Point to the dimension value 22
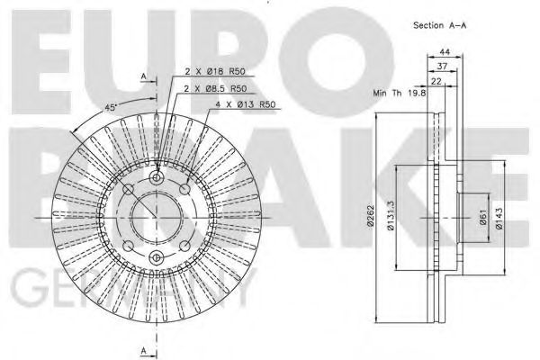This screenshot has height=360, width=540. click(x=436, y=83)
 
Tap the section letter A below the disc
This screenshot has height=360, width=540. click(x=144, y=349)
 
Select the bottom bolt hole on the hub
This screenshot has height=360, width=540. click(x=157, y=259)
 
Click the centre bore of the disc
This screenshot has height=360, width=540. click(x=157, y=217)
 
